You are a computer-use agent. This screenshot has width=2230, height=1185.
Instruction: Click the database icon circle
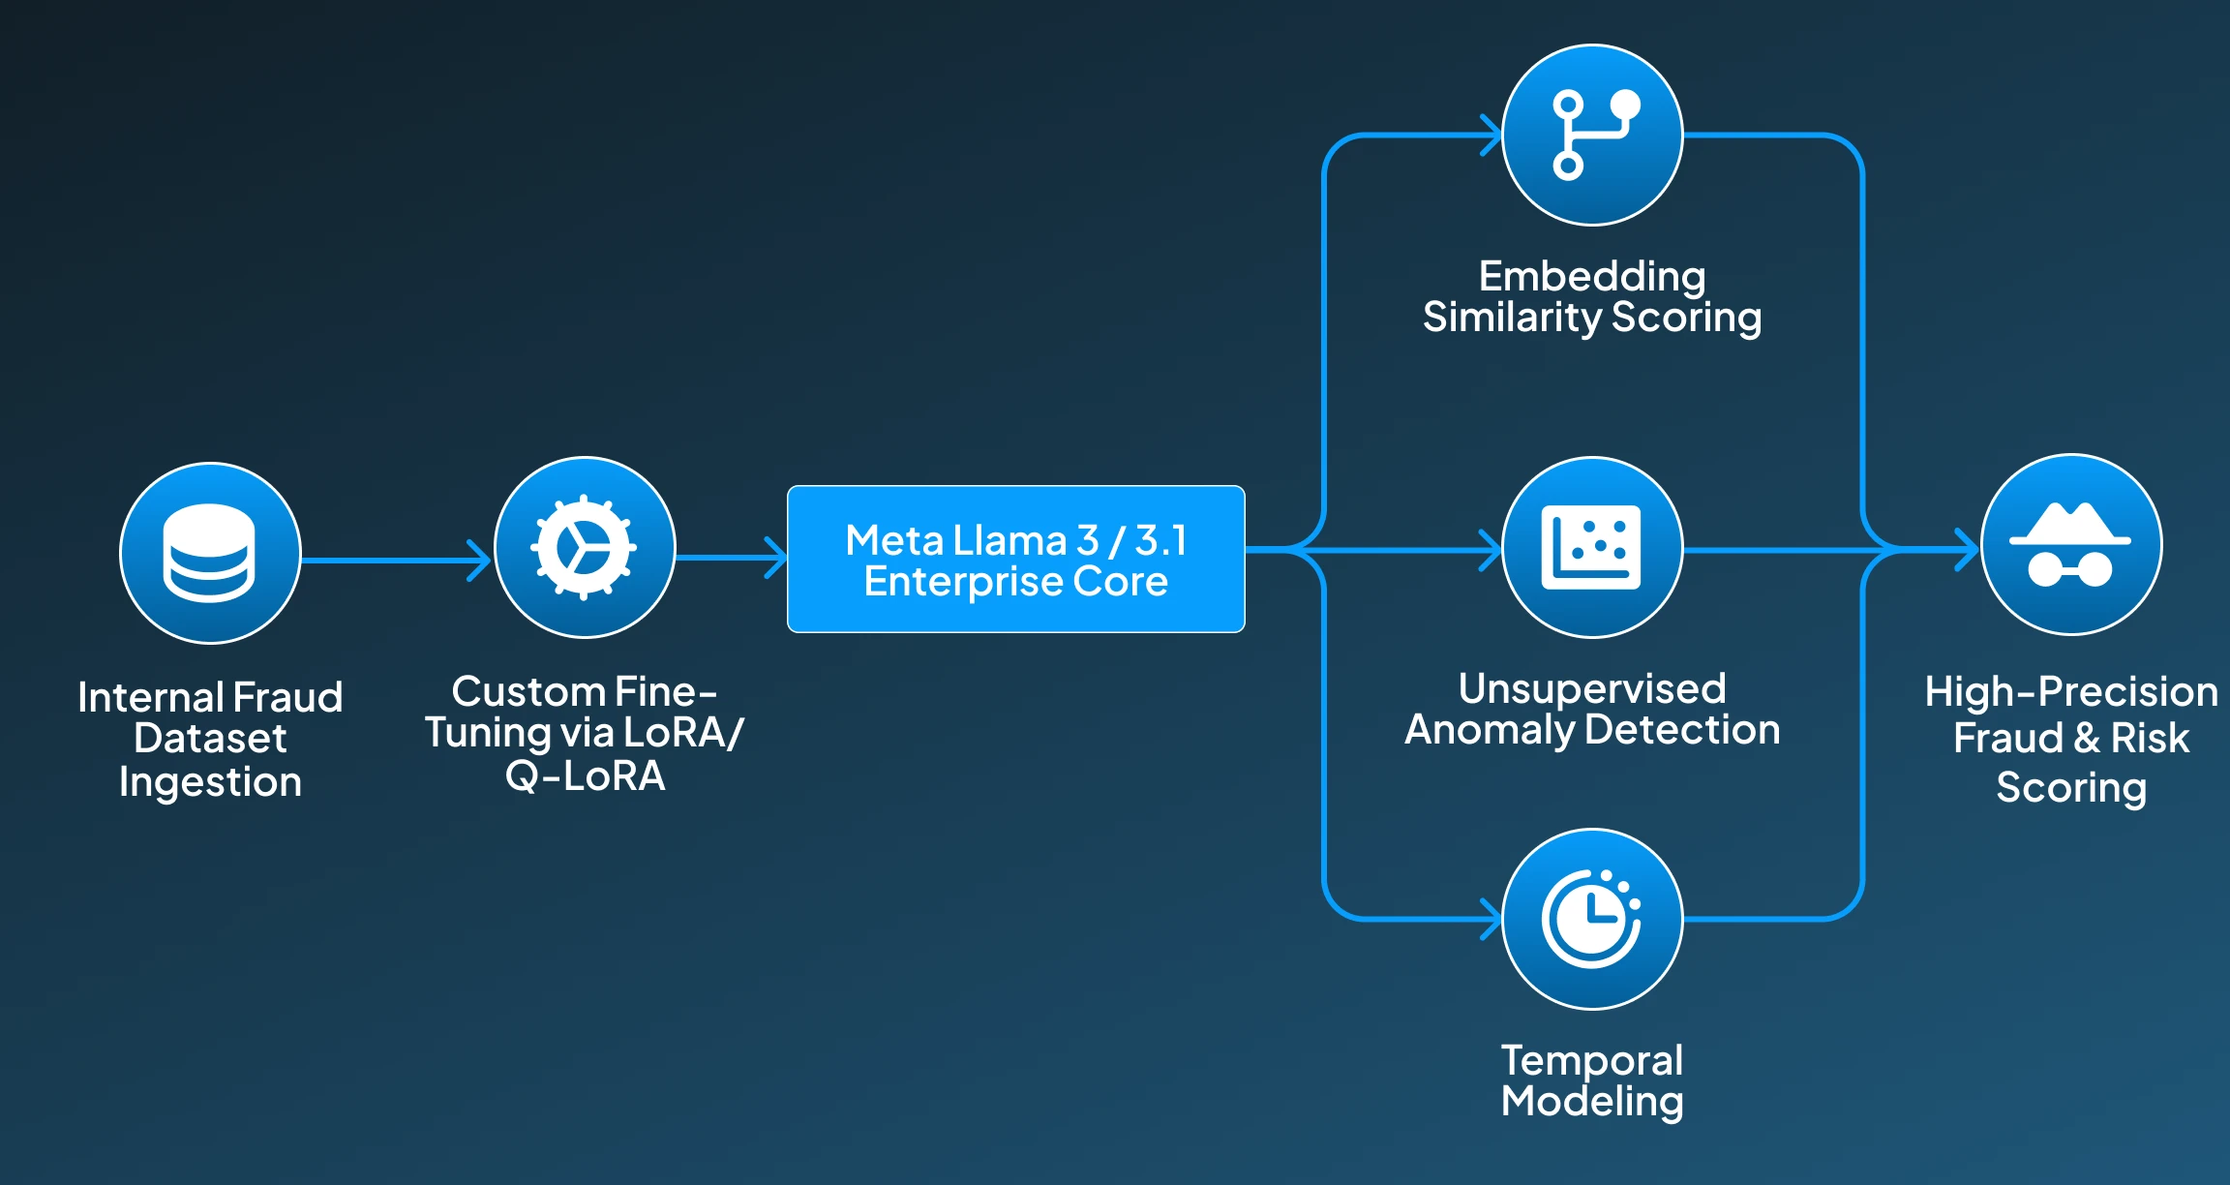pos(210,553)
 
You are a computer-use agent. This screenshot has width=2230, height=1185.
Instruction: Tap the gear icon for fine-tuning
pos(585,547)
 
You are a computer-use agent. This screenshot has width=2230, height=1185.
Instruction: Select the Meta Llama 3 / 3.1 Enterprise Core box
pos(1015,559)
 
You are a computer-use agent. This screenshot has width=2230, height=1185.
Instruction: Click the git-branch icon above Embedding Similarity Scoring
pos(1592,136)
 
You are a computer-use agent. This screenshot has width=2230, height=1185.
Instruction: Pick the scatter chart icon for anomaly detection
pos(1592,547)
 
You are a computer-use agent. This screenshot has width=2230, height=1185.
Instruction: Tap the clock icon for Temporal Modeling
pos(1592,919)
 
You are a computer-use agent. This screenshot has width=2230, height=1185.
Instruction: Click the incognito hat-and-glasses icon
pos(2070,545)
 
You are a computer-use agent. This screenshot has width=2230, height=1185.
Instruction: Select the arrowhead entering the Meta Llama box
pos(776,558)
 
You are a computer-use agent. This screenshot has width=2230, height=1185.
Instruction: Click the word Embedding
pos(1592,277)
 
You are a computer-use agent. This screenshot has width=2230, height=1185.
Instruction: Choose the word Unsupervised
pos(1592,689)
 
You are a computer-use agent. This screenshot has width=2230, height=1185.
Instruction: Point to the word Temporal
pos(1592,1060)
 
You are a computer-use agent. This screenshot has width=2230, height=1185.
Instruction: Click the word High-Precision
pos(2071,692)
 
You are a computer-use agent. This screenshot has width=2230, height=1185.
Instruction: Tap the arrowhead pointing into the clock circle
pos(1492,919)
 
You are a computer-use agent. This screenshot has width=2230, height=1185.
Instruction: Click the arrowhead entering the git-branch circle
pos(1492,136)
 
